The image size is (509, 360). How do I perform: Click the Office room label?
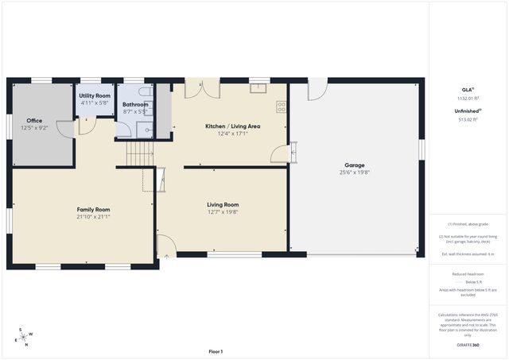34,121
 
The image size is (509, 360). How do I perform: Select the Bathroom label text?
135,105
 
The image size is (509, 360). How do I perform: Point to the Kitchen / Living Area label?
232,126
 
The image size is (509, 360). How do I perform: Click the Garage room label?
355,165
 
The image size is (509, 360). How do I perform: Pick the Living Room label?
223,204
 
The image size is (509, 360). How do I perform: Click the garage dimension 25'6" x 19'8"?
355,172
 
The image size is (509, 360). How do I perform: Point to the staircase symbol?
140,151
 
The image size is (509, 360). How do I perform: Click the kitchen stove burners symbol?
281,106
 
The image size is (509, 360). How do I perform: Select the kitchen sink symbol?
258,88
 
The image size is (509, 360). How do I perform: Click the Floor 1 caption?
216,351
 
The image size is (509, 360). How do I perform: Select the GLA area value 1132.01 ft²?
468,98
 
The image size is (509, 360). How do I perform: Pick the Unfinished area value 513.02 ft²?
468,119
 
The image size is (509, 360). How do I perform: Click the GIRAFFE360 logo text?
468,345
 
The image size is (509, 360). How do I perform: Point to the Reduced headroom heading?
468,273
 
